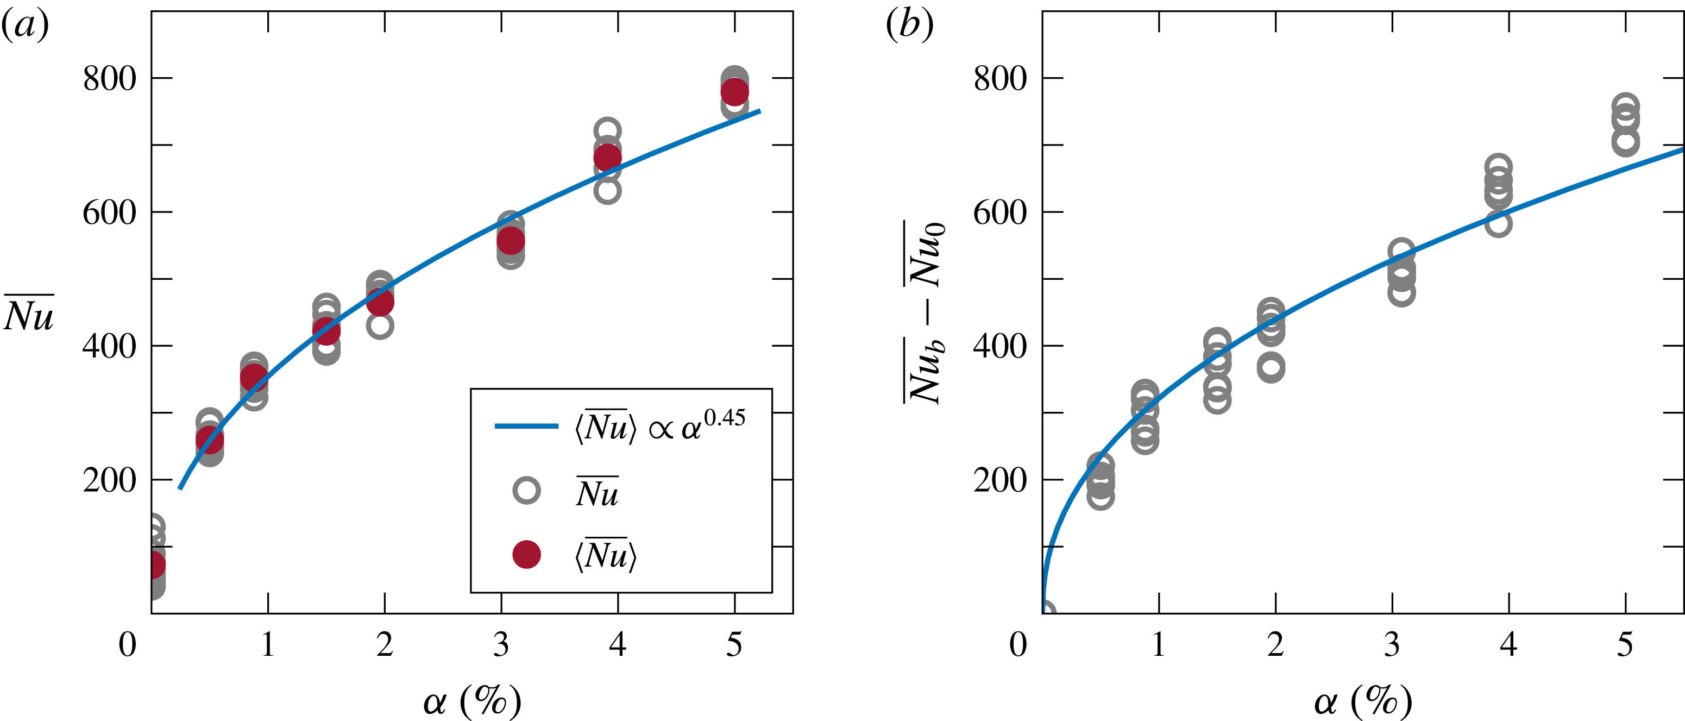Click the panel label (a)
pyautogui.click(x=25, y=26)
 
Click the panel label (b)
pyautogui.click(x=909, y=26)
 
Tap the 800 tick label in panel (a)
pyautogui.click(x=109, y=79)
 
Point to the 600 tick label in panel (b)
pyautogui.click(x=1000, y=212)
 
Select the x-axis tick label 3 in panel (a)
pyautogui.click(x=501, y=644)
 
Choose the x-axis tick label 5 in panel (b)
pyautogui.click(x=1625, y=644)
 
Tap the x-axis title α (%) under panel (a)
pyautogui.click(x=472, y=702)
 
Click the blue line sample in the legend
pyautogui.click(x=526, y=426)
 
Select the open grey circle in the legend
pyautogui.click(x=526, y=490)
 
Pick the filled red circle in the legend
pyautogui.click(x=526, y=555)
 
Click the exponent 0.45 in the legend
pyautogui.click(x=724, y=417)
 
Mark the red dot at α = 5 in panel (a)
pyautogui.click(x=734, y=92)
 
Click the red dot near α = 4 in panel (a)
pyautogui.click(x=607, y=158)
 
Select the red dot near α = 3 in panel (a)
pyautogui.click(x=511, y=241)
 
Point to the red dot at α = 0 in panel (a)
pyautogui.click(x=154, y=565)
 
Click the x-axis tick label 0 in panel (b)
pyautogui.click(x=1018, y=644)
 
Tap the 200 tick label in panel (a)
pyautogui.click(x=109, y=480)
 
